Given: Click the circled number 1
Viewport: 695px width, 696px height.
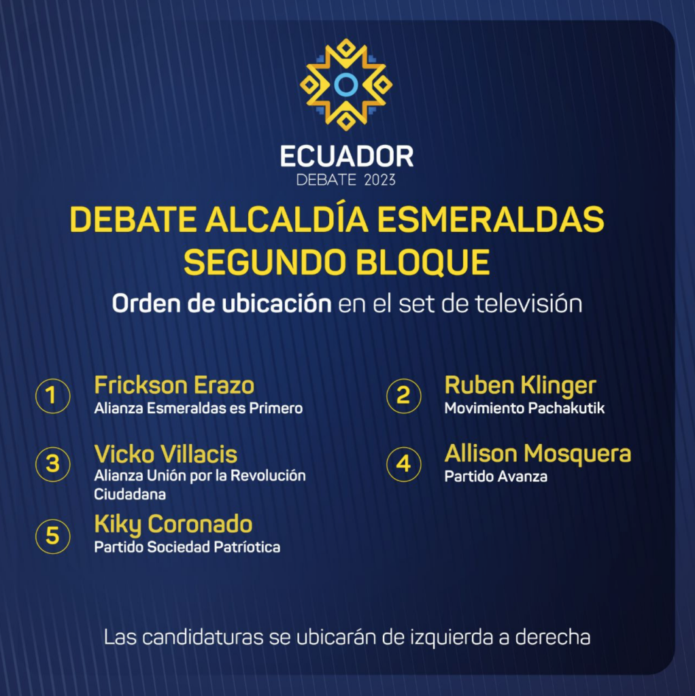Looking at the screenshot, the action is coord(52,396).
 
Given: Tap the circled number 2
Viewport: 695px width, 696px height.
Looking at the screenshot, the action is coord(403,396).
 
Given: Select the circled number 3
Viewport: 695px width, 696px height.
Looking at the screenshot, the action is coord(52,464).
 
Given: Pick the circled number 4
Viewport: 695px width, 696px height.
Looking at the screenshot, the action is coord(403,464).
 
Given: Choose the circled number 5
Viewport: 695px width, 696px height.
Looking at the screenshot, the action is coord(52,536).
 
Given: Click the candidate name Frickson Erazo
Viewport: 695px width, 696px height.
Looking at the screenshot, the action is coord(174,385).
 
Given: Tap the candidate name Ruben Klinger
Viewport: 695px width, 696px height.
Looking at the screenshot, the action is coord(520,386).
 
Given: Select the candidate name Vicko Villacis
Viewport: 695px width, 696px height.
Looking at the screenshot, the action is coord(166,454).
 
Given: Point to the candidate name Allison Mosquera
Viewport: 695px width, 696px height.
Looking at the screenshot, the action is coord(538,454).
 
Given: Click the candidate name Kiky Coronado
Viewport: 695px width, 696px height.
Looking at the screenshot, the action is coord(173,524).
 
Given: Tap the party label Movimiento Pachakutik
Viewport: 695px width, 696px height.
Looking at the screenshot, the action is coord(524,408).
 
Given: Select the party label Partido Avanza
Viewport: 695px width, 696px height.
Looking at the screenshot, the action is coord(496,476).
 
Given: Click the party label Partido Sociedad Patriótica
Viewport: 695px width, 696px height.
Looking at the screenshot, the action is coord(187,547).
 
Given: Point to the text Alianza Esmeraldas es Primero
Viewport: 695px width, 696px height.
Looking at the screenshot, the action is coord(198,408).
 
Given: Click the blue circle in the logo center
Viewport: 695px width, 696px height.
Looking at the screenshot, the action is coord(346,84).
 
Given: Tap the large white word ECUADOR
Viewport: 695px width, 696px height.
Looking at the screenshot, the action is coord(347,156).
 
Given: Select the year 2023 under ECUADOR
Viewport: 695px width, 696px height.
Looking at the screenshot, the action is coord(379,179).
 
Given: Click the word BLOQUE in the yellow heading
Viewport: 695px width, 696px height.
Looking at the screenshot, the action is coord(423,262).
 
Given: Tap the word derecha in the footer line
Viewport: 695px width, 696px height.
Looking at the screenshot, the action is coord(552,638).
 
